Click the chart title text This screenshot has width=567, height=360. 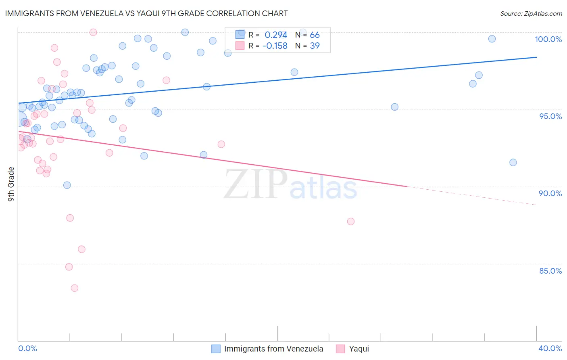[x=146, y=13]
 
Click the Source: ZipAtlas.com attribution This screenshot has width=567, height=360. [x=531, y=14]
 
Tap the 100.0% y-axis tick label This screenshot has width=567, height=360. [x=548, y=39]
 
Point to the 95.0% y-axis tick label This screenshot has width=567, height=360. [x=550, y=116]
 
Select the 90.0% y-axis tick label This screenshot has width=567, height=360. [x=550, y=193]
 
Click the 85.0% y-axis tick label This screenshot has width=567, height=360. [x=550, y=271]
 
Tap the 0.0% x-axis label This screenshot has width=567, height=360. [x=27, y=348]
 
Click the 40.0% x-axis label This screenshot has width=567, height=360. [x=550, y=348]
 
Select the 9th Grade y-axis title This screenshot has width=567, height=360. [x=11, y=184]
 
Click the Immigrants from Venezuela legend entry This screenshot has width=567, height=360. [x=273, y=349]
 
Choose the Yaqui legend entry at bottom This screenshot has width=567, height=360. [x=359, y=349]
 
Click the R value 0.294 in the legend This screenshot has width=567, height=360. [x=276, y=35]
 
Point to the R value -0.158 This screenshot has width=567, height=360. [x=275, y=46]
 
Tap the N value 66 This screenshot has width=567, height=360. [x=315, y=35]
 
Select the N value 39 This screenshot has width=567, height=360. [x=315, y=46]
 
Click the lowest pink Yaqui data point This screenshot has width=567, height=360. [x=75, y=288]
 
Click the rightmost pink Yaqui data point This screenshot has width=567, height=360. [x=351, y=222]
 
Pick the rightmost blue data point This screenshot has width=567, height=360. [x=513, y=163]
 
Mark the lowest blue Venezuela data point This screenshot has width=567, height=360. [x=67, y=185]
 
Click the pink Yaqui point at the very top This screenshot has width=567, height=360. [x=93, y=32]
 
